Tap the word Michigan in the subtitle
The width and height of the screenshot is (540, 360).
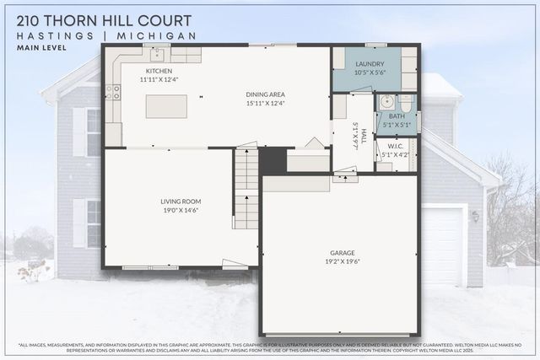[x=160, y=35]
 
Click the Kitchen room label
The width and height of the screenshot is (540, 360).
[x=159, y=71]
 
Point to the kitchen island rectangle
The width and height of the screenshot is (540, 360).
[x=166, y=106]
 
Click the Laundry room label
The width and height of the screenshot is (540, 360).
[x=370, y=64]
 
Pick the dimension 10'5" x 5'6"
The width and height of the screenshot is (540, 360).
[x=370, y=73]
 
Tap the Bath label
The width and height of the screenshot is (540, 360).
[x=397, y=116]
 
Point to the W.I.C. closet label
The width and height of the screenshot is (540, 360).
[x=397, y=146]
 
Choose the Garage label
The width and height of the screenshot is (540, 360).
[x=342, y=252]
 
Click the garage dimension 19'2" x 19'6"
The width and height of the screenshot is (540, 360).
[x=342, y=261]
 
